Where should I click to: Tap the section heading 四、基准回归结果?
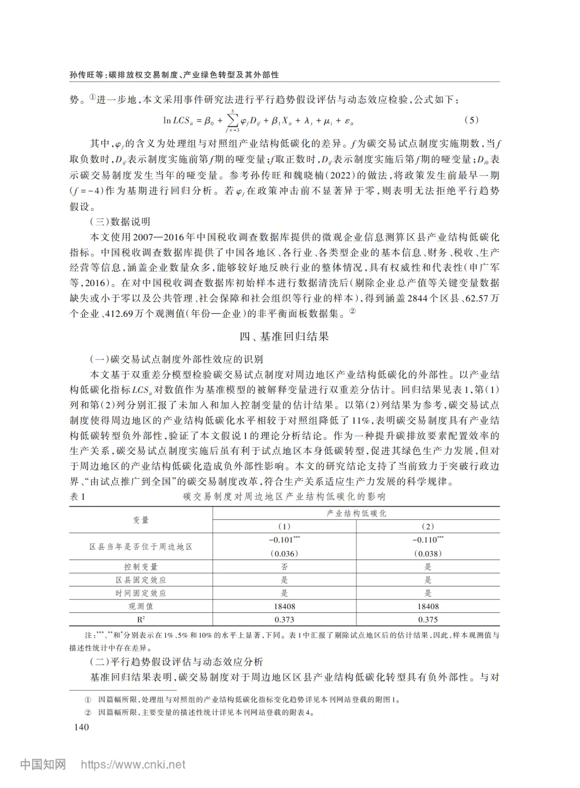click(x=284, y=337)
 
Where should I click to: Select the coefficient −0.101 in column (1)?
click(x=282, y=540)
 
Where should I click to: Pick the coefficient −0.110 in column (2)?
click(x=426, y=540)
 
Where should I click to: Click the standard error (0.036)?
click(x=284, y=553)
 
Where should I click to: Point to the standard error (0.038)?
click(x=427, y=553)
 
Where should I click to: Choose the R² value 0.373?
click(x=284, y=619)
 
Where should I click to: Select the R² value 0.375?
click(x=427, y=619)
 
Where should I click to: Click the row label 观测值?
click(x=141, y=606)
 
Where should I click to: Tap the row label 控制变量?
click(x=141, y=567)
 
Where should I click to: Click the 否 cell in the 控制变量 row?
click(x=284, y=567)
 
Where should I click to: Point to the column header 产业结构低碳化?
click(x=356, y=513)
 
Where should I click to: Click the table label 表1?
click(x=77, y=497)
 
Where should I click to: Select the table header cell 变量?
click(x=141, y=520)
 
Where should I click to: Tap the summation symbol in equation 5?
click(x=232, y=119)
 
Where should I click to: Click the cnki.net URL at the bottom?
click(x=133, y=764)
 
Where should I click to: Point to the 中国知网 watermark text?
click(x=43, y=764)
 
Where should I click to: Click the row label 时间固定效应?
click(x=141, y=593)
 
